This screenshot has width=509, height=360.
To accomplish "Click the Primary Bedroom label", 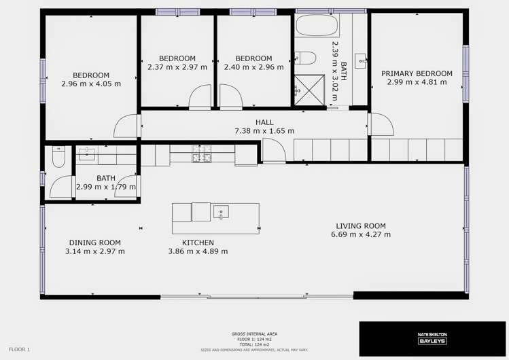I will (x=417, y=73).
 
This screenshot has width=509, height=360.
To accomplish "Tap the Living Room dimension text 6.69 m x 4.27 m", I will (x=360, y=235).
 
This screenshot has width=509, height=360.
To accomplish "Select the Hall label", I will (x=264, y=122).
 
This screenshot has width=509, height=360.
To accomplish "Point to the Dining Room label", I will (x=95, y=242).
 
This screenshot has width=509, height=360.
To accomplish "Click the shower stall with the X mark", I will (x=300, y=88).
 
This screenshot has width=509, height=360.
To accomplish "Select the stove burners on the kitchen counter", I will (x=202, y=154).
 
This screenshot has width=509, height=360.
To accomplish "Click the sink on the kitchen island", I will (x=221, y=212).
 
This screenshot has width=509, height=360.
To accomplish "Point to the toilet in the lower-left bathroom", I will (x=58, y=157).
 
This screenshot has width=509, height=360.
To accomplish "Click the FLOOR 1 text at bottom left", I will (x=20, y=349).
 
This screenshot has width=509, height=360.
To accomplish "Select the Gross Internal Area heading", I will (x=253, y=334).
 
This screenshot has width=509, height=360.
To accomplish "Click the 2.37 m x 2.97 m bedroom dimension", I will (x=177, y=67).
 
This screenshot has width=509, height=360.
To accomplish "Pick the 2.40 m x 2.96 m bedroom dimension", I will (x=253, y=67).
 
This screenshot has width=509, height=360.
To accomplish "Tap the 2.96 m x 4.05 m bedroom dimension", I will (x=91, y=84).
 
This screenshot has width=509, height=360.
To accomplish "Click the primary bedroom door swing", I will (x=382, y=124).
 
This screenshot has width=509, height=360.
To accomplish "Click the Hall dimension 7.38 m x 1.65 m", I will (x=264, y=131).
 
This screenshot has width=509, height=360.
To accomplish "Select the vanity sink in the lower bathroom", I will (x=87, y=155).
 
